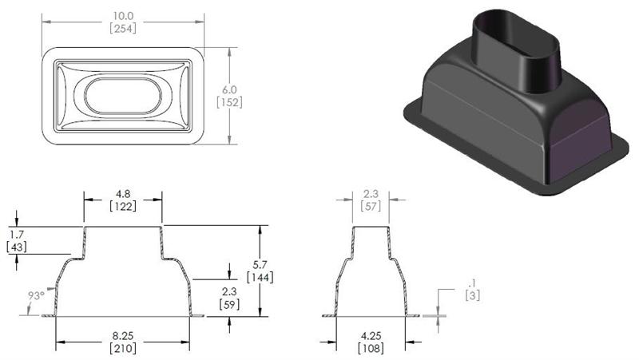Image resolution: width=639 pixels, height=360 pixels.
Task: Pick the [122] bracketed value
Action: (x=123, y=206)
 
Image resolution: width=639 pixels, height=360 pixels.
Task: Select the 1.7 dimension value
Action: (x=16, y=235)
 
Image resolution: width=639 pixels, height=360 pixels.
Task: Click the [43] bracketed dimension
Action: (x=16, y=248)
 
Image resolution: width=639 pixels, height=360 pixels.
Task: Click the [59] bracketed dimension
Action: (x=229, y=304)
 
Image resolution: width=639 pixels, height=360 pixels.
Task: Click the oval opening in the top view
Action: (x=121, y=96)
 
